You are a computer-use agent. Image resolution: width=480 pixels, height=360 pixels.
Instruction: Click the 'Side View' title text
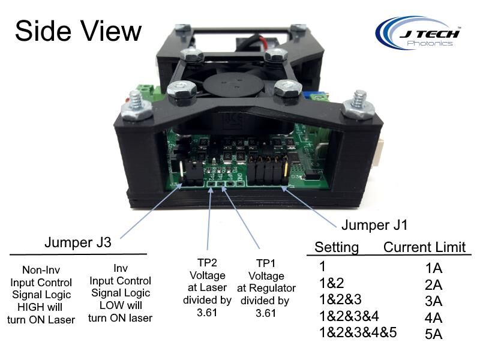[x=78, y=31]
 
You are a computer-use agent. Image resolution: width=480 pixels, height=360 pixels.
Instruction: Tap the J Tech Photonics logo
[x=418, y=33]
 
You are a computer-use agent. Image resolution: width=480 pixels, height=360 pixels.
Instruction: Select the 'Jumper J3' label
[x=78, y=242]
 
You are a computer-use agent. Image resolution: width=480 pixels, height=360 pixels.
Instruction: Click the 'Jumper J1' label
[x=374, y=225]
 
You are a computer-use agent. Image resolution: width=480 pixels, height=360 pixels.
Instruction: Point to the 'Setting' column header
[x=337, y=247]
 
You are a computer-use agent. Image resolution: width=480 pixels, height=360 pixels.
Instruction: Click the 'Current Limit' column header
[x=424, y=247]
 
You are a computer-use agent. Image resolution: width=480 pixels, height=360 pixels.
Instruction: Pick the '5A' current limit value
[x=433, y=334]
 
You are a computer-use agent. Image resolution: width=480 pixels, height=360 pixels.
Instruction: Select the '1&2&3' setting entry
[x=340, y=299]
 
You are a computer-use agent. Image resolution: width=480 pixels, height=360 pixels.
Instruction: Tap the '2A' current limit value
[x=433, y=284]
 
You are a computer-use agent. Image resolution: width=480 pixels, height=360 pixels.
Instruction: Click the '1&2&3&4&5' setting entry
[x=358, y=332]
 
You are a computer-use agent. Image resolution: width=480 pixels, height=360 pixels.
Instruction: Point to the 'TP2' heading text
[x=207, y=263]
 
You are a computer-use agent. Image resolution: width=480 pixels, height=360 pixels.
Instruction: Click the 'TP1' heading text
[x=266, y=263]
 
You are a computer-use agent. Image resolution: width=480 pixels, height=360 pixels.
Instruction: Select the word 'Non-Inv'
[x=41, y=270]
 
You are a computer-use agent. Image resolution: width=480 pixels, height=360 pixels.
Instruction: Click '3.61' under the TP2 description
[x=207, y=313]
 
